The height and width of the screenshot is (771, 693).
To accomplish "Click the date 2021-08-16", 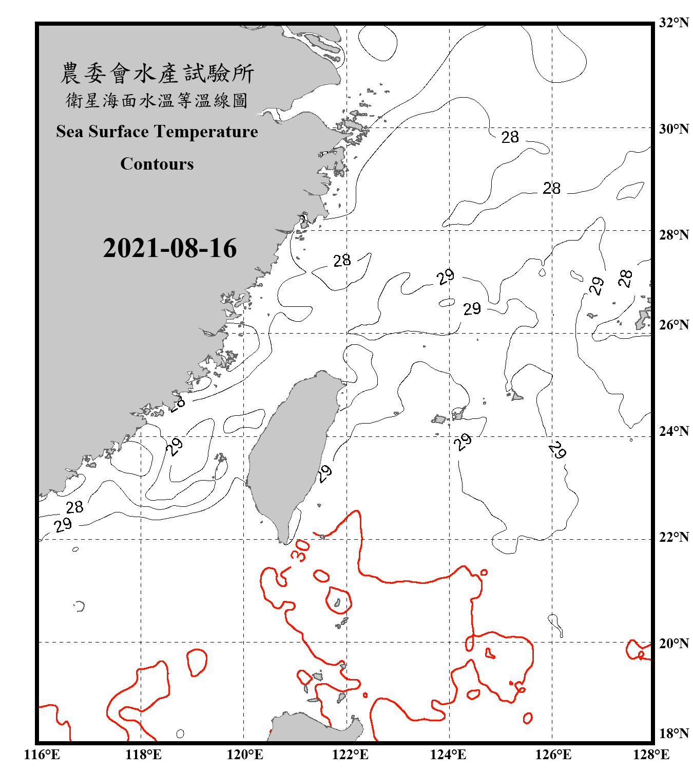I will (x=170, y=248).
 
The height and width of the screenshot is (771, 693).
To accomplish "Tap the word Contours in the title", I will (x=157, y=164).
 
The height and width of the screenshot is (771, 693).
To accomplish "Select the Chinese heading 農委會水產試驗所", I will (x=157, y=74).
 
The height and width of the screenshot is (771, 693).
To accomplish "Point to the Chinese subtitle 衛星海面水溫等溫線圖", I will (x=157, y=100).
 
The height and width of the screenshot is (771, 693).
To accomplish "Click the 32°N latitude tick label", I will (x=673, y=23).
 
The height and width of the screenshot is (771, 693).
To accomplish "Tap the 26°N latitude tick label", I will (x=673, y=325).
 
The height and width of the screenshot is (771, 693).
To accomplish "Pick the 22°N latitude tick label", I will (x=673, y=537).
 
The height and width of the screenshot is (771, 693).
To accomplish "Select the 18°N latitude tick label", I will (x=673, y=733).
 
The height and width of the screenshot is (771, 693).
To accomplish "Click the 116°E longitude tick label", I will (x=42, y=755).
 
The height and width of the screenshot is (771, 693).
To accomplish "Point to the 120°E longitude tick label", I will (x=245, y=755).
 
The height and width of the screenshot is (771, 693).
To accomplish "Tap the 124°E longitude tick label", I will (x=448, y=755).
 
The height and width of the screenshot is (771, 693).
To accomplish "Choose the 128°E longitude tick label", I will (x=651, y=755).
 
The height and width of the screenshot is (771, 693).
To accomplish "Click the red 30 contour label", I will (x=301, y=550).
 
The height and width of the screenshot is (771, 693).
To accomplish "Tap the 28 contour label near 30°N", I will (x=510, y=137).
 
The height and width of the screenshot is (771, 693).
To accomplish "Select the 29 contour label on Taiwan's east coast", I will (x=324, y=473).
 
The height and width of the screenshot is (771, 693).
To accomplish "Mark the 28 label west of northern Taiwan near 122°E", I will (x=342, y=261).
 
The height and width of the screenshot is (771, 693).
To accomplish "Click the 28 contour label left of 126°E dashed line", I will (x=551, y=189).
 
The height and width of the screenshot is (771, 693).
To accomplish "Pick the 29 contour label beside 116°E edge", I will (x=63, y=525).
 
